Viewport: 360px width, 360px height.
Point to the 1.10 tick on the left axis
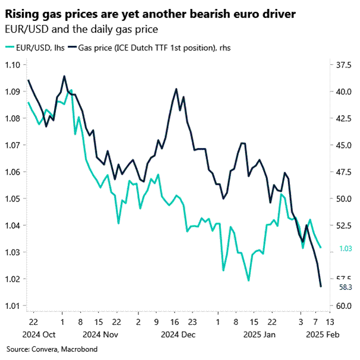pos(12,65)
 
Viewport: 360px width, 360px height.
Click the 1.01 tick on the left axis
pos(12,306)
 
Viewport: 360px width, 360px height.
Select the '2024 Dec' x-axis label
pos(177,334)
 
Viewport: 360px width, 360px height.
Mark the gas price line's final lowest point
pos(321,286)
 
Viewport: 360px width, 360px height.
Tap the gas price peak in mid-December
pos(176,89)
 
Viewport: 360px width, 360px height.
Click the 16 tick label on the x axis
pos(176,321)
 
